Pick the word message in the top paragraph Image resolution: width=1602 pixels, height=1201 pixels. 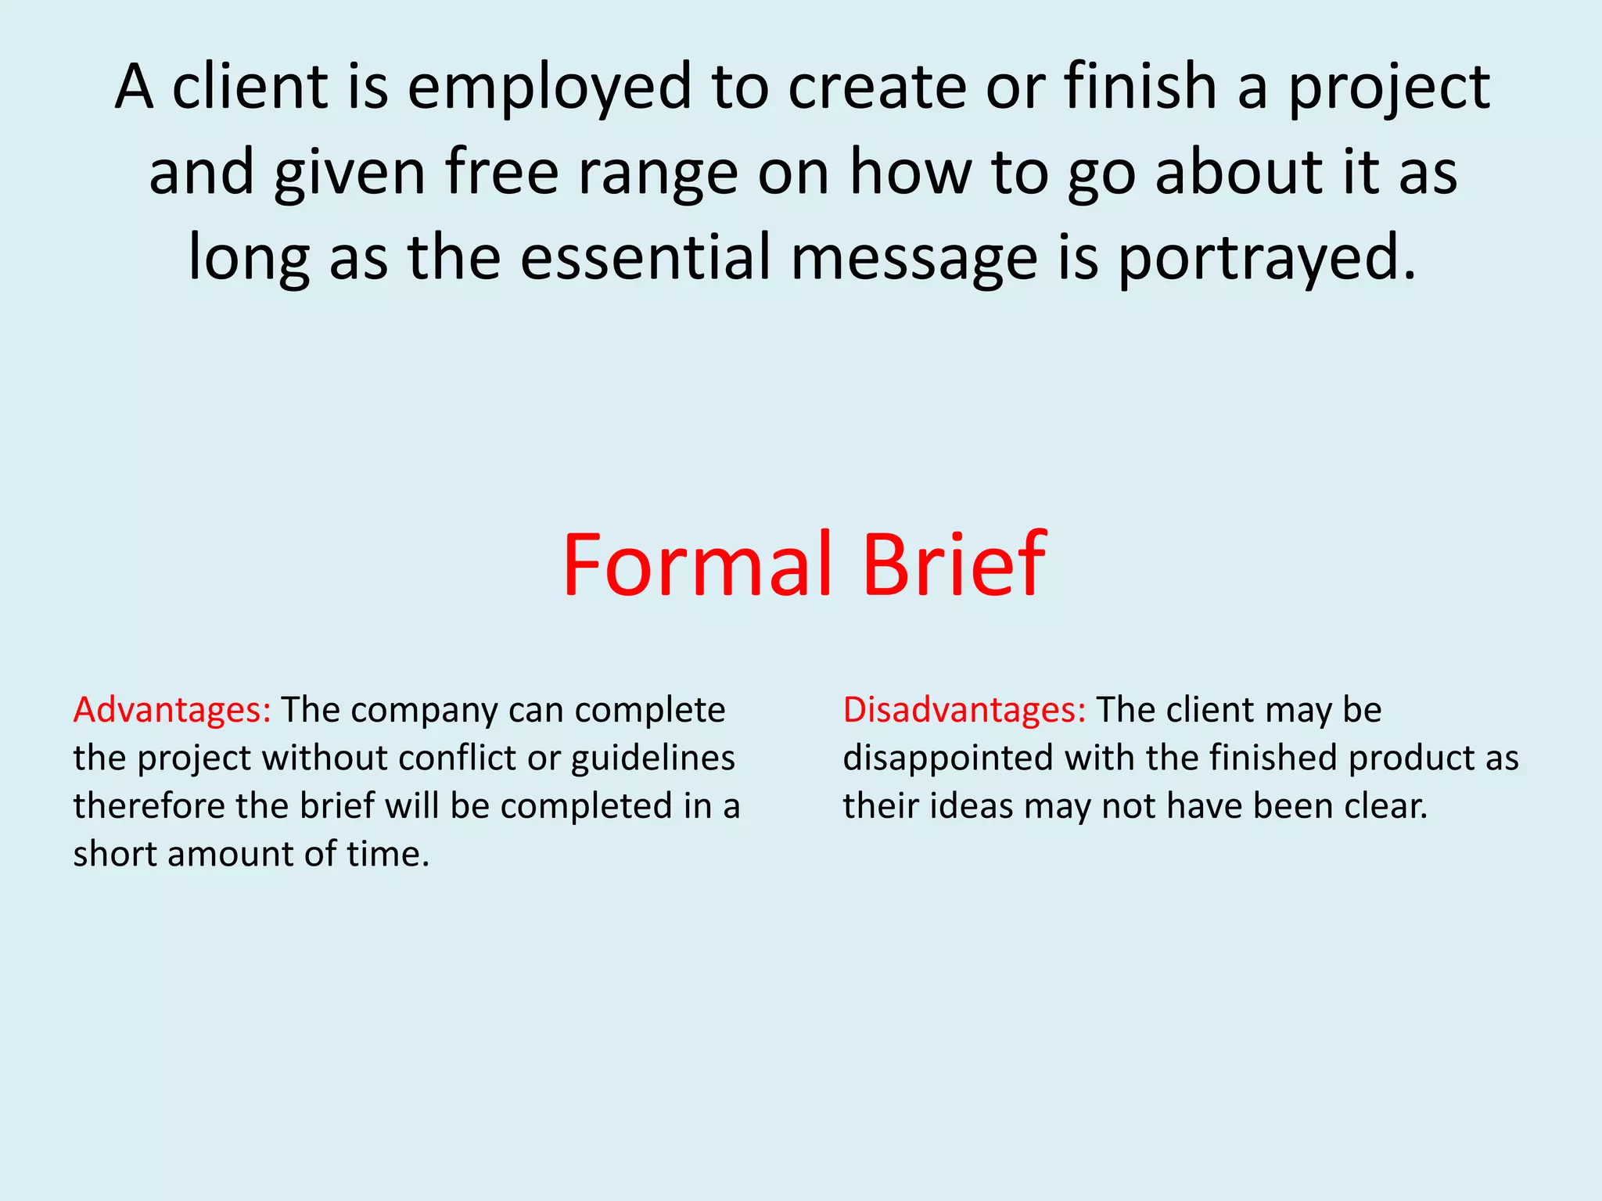tap(914, 260)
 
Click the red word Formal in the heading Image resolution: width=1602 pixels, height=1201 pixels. tap(696, 565)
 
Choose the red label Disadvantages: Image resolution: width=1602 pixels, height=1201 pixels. tap(964, 711)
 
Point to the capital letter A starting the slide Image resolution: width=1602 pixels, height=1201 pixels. tap(134, 88)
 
